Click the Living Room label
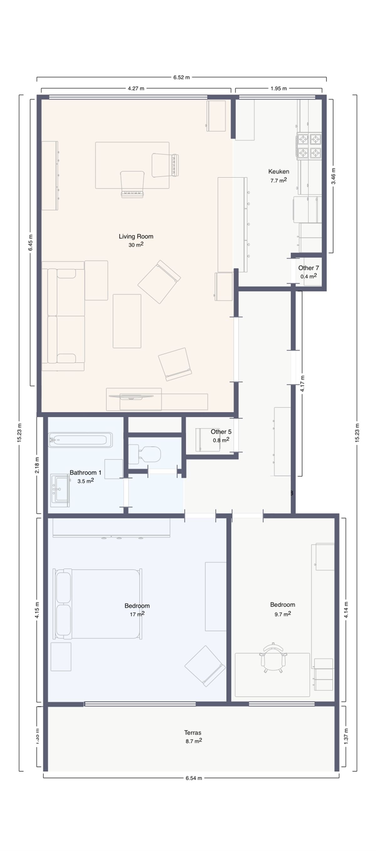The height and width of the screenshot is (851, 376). (136, 236)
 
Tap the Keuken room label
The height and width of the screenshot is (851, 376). (278, 172)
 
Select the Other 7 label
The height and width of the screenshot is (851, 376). (308, 268)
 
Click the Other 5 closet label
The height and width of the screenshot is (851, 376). (221, 432)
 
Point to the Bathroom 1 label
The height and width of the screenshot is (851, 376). (86, 473)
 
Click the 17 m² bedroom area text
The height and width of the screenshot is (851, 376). (137, 614)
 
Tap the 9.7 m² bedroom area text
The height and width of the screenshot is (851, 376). (283, 614)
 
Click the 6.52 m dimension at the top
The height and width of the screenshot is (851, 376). (181, 78)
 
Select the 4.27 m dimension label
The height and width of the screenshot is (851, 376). (136, 88)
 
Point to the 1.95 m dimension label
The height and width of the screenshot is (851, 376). (279, 88)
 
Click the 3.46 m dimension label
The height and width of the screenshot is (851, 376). (333, 176)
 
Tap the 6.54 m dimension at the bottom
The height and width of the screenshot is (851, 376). (193, 778)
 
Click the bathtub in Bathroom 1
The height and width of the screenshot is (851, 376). (81, 440)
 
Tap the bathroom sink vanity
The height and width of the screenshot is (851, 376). (60, 490)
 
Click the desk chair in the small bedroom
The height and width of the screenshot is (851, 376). (273, 658)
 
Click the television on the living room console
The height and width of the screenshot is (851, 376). (131, 397)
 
